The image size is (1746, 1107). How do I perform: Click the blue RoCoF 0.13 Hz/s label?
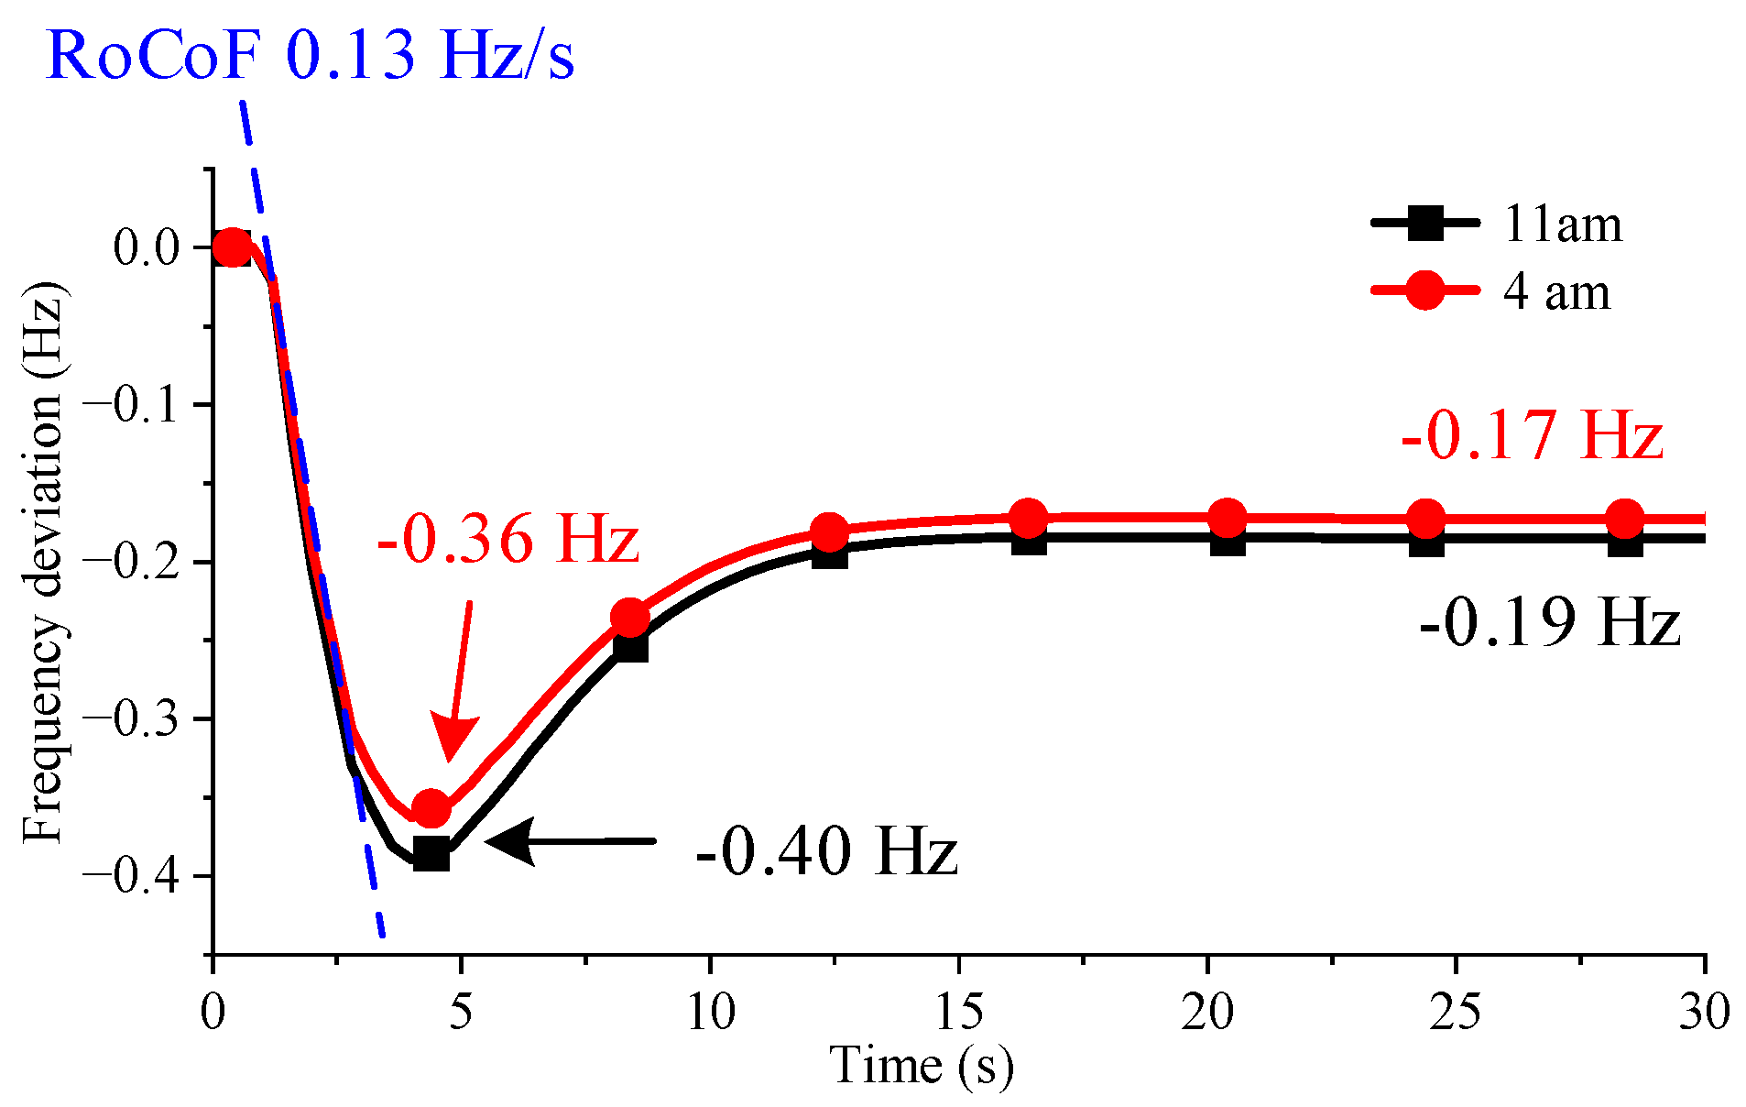[x=310, y=55]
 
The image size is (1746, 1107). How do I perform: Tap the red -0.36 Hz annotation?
[x=507, y=539]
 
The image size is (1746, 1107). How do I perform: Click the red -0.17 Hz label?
[x=1532, y=435]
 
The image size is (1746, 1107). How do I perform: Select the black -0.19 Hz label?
[x=1549, y=623]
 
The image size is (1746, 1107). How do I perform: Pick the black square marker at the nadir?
[x=431, y=854]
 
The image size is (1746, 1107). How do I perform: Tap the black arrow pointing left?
[x=568, y=841]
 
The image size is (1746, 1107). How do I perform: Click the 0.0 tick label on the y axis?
[x=147, y=247]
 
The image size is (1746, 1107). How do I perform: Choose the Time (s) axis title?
[x=922, y=1067]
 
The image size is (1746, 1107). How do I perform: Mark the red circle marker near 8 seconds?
[x=630, y=619]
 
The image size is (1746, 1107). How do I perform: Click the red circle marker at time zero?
[x=232, y=247]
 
